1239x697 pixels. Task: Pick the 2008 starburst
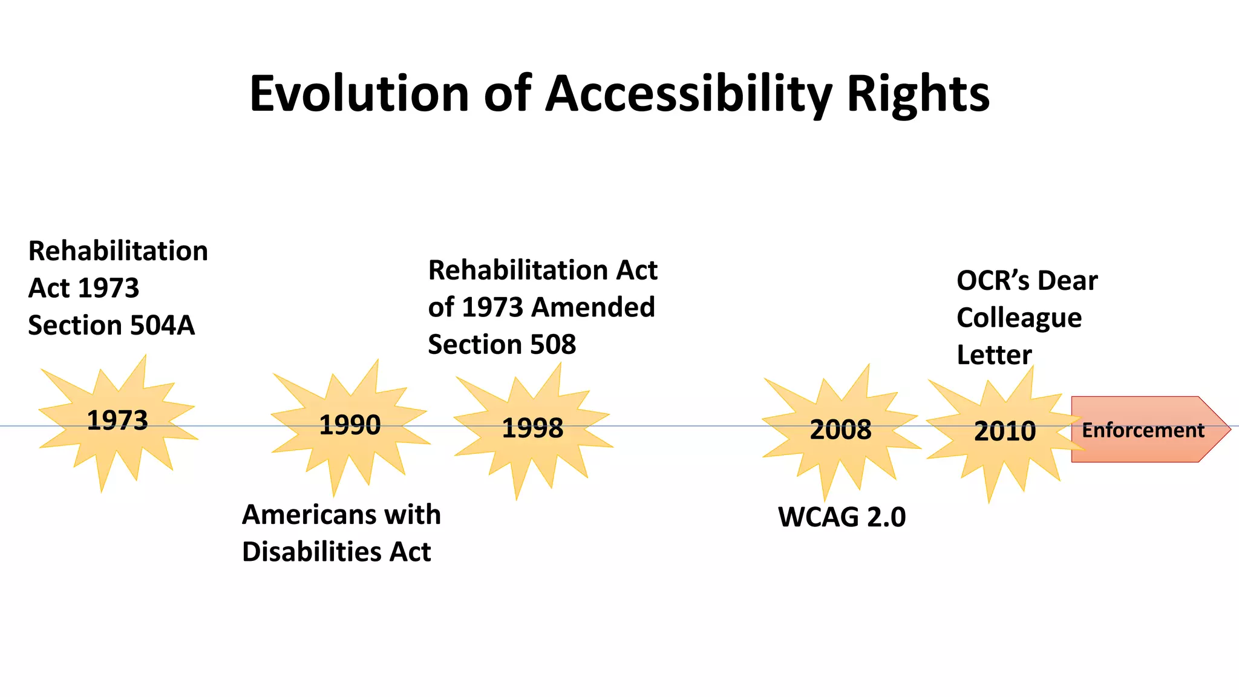tap(840, 430)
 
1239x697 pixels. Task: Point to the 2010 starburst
tap(1004, 431)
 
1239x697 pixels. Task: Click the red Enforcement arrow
tap(1143, 430)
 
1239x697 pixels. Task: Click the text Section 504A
tap(111, 326)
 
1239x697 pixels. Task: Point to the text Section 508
tap(502, 345)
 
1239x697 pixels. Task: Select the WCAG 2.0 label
tap(842, 517)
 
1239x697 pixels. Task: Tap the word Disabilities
tap(311, 552)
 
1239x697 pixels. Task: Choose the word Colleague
tap(1019, 318)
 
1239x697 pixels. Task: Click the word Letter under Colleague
tap(993, 355)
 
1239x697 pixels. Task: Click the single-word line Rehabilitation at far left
tap(118, 251)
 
